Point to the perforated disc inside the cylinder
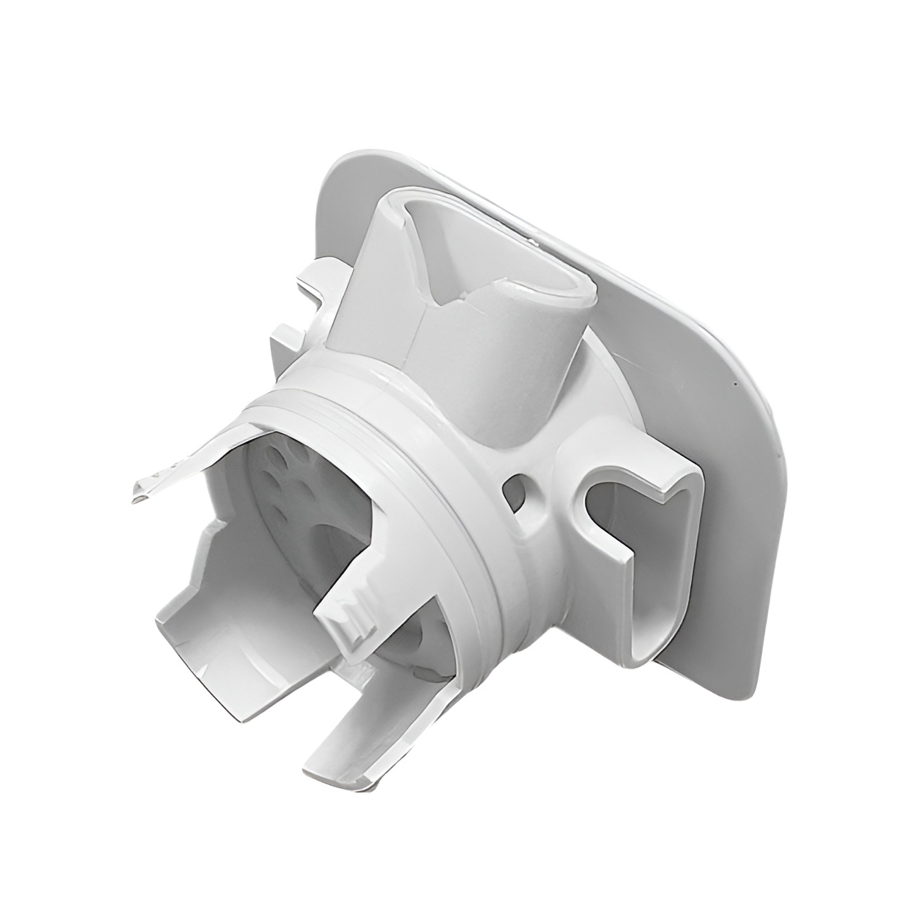(283, 488)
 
